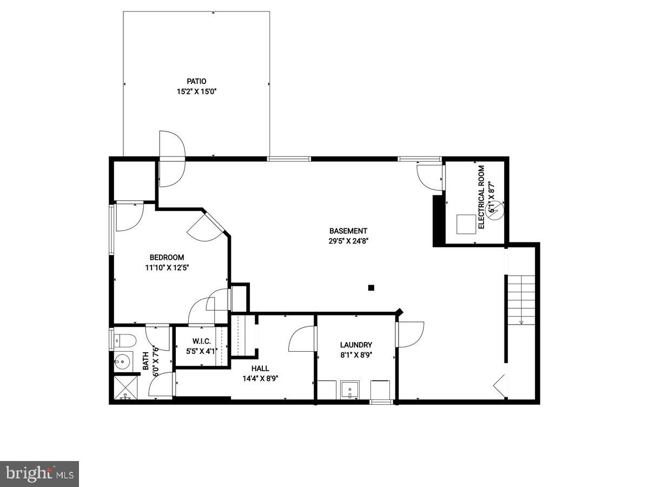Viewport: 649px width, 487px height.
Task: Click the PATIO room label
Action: click(197, 81)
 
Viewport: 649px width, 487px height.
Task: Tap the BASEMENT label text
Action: click(348, 231)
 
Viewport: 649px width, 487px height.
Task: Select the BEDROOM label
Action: click(167, 258)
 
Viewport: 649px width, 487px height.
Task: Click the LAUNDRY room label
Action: click(356, 345)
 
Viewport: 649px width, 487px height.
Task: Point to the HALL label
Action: click(260, 368)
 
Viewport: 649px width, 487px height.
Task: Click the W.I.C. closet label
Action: click(201, 341)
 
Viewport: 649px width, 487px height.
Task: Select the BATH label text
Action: click(145, 361)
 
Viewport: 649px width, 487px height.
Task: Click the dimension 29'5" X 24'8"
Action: click(348, 241)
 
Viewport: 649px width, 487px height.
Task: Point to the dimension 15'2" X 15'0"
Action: click(197, 91)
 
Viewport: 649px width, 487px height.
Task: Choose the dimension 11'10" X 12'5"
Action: click(167, 267)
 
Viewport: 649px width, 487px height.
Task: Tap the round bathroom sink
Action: click(123, 361)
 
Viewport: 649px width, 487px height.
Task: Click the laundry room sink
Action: click(350, 390)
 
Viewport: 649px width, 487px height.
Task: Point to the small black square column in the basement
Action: click(371, 288)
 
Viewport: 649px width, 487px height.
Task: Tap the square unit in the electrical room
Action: click(465, 224)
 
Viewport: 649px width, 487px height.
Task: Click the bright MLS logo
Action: click(39, 474)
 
